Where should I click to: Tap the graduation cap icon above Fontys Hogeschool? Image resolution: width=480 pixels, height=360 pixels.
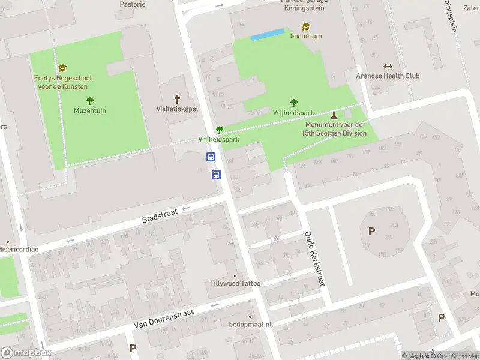pyautogui.click(x=62, y=68)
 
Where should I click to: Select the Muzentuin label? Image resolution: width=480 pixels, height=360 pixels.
pyautogui.click(x=89, y=110)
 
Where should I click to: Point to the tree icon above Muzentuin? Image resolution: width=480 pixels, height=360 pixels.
pyautogui.click(x=90, y=100)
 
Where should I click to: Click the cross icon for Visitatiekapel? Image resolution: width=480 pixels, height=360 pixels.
pyautogui.click(x=177, y=99)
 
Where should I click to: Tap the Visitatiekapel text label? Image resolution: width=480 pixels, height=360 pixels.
pyautogui.click(x=177, y=109)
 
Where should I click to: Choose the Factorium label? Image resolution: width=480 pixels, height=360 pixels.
pyautogui.click(x=306, y=36)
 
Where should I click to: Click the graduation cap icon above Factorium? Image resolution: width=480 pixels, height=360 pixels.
pyautogui.click(x=306, y=26)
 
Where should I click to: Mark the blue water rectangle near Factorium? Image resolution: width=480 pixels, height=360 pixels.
pyautogui.click(x=267, y=35)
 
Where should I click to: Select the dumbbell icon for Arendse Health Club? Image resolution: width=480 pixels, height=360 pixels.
pyautogui.click(x=387, y=66)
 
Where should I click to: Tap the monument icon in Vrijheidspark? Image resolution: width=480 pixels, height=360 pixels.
pyautogui.click(x=334, y=115)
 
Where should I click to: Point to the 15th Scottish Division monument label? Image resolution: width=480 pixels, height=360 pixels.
pyautogui.click(x=334, y=129)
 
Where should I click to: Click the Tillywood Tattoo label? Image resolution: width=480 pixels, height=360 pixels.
pyautogui.click(x=235, y=283)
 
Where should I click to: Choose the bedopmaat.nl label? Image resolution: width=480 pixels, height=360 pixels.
pyautogui.click(x=250, y=324)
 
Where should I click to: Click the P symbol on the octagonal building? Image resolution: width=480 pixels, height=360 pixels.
pyautogui.click(x=372, y=231)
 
